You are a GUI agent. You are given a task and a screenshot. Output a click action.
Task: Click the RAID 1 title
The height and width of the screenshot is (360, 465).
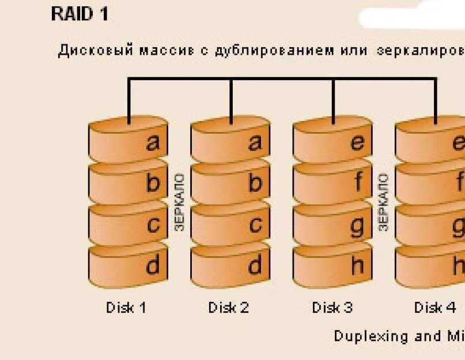pyautogui.click(x=80, y=14)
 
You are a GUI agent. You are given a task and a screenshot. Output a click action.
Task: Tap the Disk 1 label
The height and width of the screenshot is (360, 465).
pyautogui.click(x=126, y=308)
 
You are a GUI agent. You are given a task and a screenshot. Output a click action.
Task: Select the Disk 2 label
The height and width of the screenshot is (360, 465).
pyautogui.click(x=229, y=308)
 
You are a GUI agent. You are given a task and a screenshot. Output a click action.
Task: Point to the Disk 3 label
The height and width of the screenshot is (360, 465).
pyautogui.click(x=332, y=308)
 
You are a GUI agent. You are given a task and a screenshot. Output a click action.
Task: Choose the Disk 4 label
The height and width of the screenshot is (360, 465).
pyautogui.click(x=435, y=308)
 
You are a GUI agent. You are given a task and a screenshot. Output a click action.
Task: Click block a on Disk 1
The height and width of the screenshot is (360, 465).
pyautogui.click(x=128, y=142)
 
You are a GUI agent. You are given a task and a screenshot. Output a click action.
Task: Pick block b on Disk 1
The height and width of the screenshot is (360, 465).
pyautogui.click(x=128, y=183)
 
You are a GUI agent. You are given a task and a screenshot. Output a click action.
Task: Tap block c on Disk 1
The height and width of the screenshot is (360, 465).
pyautogui.click(x=128, y=225)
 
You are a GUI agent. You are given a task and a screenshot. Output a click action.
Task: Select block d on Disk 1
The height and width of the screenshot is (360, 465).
pyautogui.click(x=128, y=266)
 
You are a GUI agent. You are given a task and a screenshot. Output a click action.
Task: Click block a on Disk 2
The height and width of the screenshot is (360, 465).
pyautogui.click(x=230, y=142)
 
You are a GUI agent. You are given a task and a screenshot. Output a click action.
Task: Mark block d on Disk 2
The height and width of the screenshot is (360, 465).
pyautogui.click(x=230, y=266)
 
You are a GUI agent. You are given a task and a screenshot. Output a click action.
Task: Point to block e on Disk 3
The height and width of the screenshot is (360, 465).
pyautogui.click(x=332, y=142)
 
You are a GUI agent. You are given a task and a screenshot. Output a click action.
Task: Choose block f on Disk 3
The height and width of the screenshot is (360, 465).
pyautogui.click(x=332, y=183)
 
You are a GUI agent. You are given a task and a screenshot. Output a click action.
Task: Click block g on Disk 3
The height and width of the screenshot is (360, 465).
pyautogui.click(x=332, y=225)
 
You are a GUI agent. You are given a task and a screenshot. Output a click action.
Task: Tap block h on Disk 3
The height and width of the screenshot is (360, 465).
pyautogui.click(x=332, y=266)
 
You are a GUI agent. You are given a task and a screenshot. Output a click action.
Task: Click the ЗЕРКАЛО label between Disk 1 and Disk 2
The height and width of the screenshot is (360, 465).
pyautogui.click(x=179, y=202)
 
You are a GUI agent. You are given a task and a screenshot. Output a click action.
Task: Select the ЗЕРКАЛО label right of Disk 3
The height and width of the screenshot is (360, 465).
pyautogui.click(x=384, y=202)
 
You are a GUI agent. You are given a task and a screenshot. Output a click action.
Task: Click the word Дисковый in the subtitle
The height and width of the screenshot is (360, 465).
pyautogui.click(x=96, y=50)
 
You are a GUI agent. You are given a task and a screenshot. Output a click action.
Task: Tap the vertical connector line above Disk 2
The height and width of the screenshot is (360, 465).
pyautogui.click(x=231, y=101)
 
